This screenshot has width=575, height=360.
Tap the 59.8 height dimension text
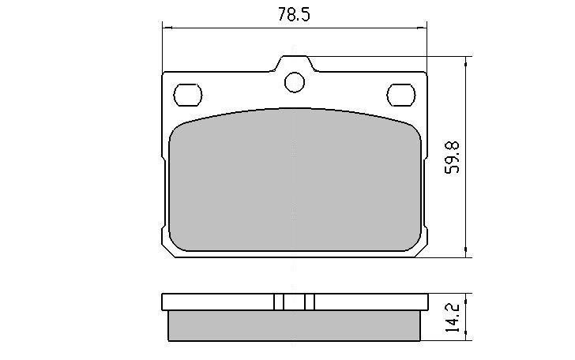(x=453, y=158)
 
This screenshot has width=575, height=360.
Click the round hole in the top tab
(x=295, y=81)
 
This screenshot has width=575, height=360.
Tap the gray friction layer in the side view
(x=294, y=323)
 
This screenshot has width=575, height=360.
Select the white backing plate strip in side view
(x=221, y=302)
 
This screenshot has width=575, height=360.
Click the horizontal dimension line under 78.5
(x=237, y=28)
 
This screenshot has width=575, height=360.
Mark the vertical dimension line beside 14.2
(x=468, y=316)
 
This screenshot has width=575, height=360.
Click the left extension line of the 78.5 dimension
(x=162, y=47)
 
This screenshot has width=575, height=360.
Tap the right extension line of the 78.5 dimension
(x=427, y=47)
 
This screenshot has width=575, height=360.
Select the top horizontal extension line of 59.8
(x=379, y=56)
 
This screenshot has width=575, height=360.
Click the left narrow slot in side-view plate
(x=278, y=302)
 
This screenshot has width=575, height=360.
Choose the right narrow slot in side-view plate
(x=310, y=302)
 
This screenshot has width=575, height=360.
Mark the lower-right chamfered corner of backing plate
(x=421, y=251)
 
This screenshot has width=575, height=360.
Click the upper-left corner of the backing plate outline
(x=163, y=73)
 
